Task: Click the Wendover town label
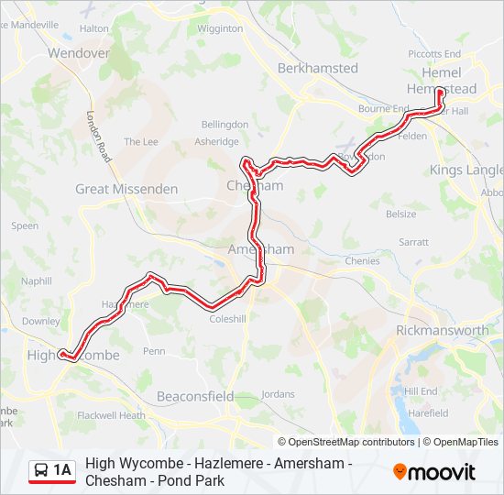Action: [79, 53]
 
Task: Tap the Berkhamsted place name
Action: [318, 68]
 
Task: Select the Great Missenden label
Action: [114, 189]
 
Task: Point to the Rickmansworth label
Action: [443, 330]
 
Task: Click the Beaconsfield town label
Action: [195, 397]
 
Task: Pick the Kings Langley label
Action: [466, 170]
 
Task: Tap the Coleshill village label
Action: [228, 320]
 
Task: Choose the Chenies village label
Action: [362, 261]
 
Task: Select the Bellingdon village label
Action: [225, 124]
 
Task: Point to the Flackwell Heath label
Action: [111, 415]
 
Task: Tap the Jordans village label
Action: [278, 394]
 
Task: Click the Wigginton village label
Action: [220, 28]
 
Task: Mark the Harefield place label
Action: [428, 413]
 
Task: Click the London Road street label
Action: [99, 137]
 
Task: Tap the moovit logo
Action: [434, 472]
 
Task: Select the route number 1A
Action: [62, 470]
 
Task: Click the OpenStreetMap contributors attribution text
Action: [345, 442]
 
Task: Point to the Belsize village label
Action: [400, 214]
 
